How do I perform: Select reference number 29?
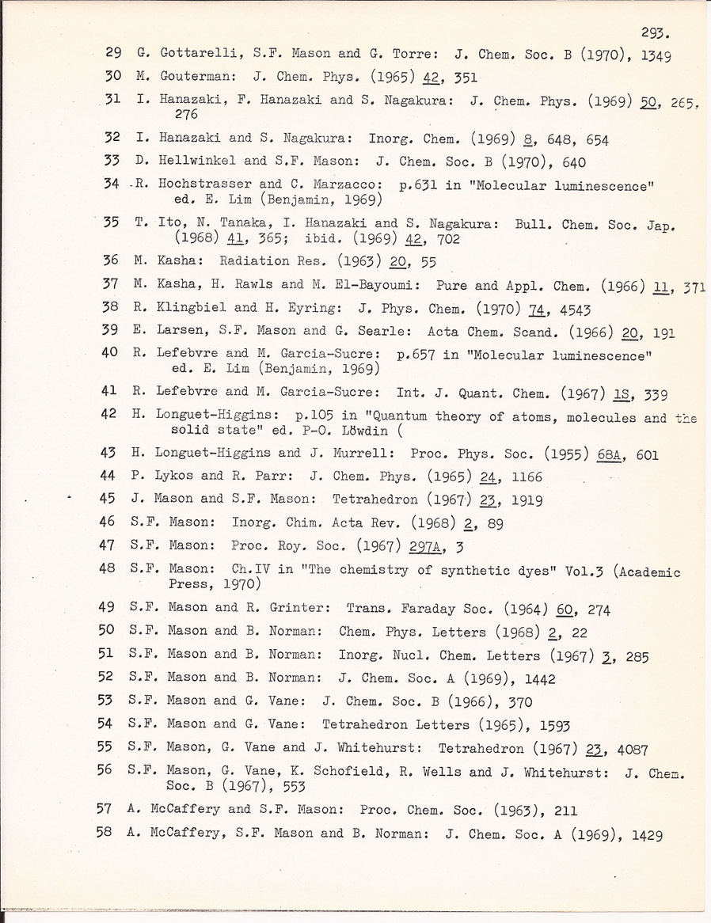click(x=112, y=55)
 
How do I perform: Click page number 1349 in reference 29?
click(x=654, y=55)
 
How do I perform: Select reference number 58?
click(x=105, y=833)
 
